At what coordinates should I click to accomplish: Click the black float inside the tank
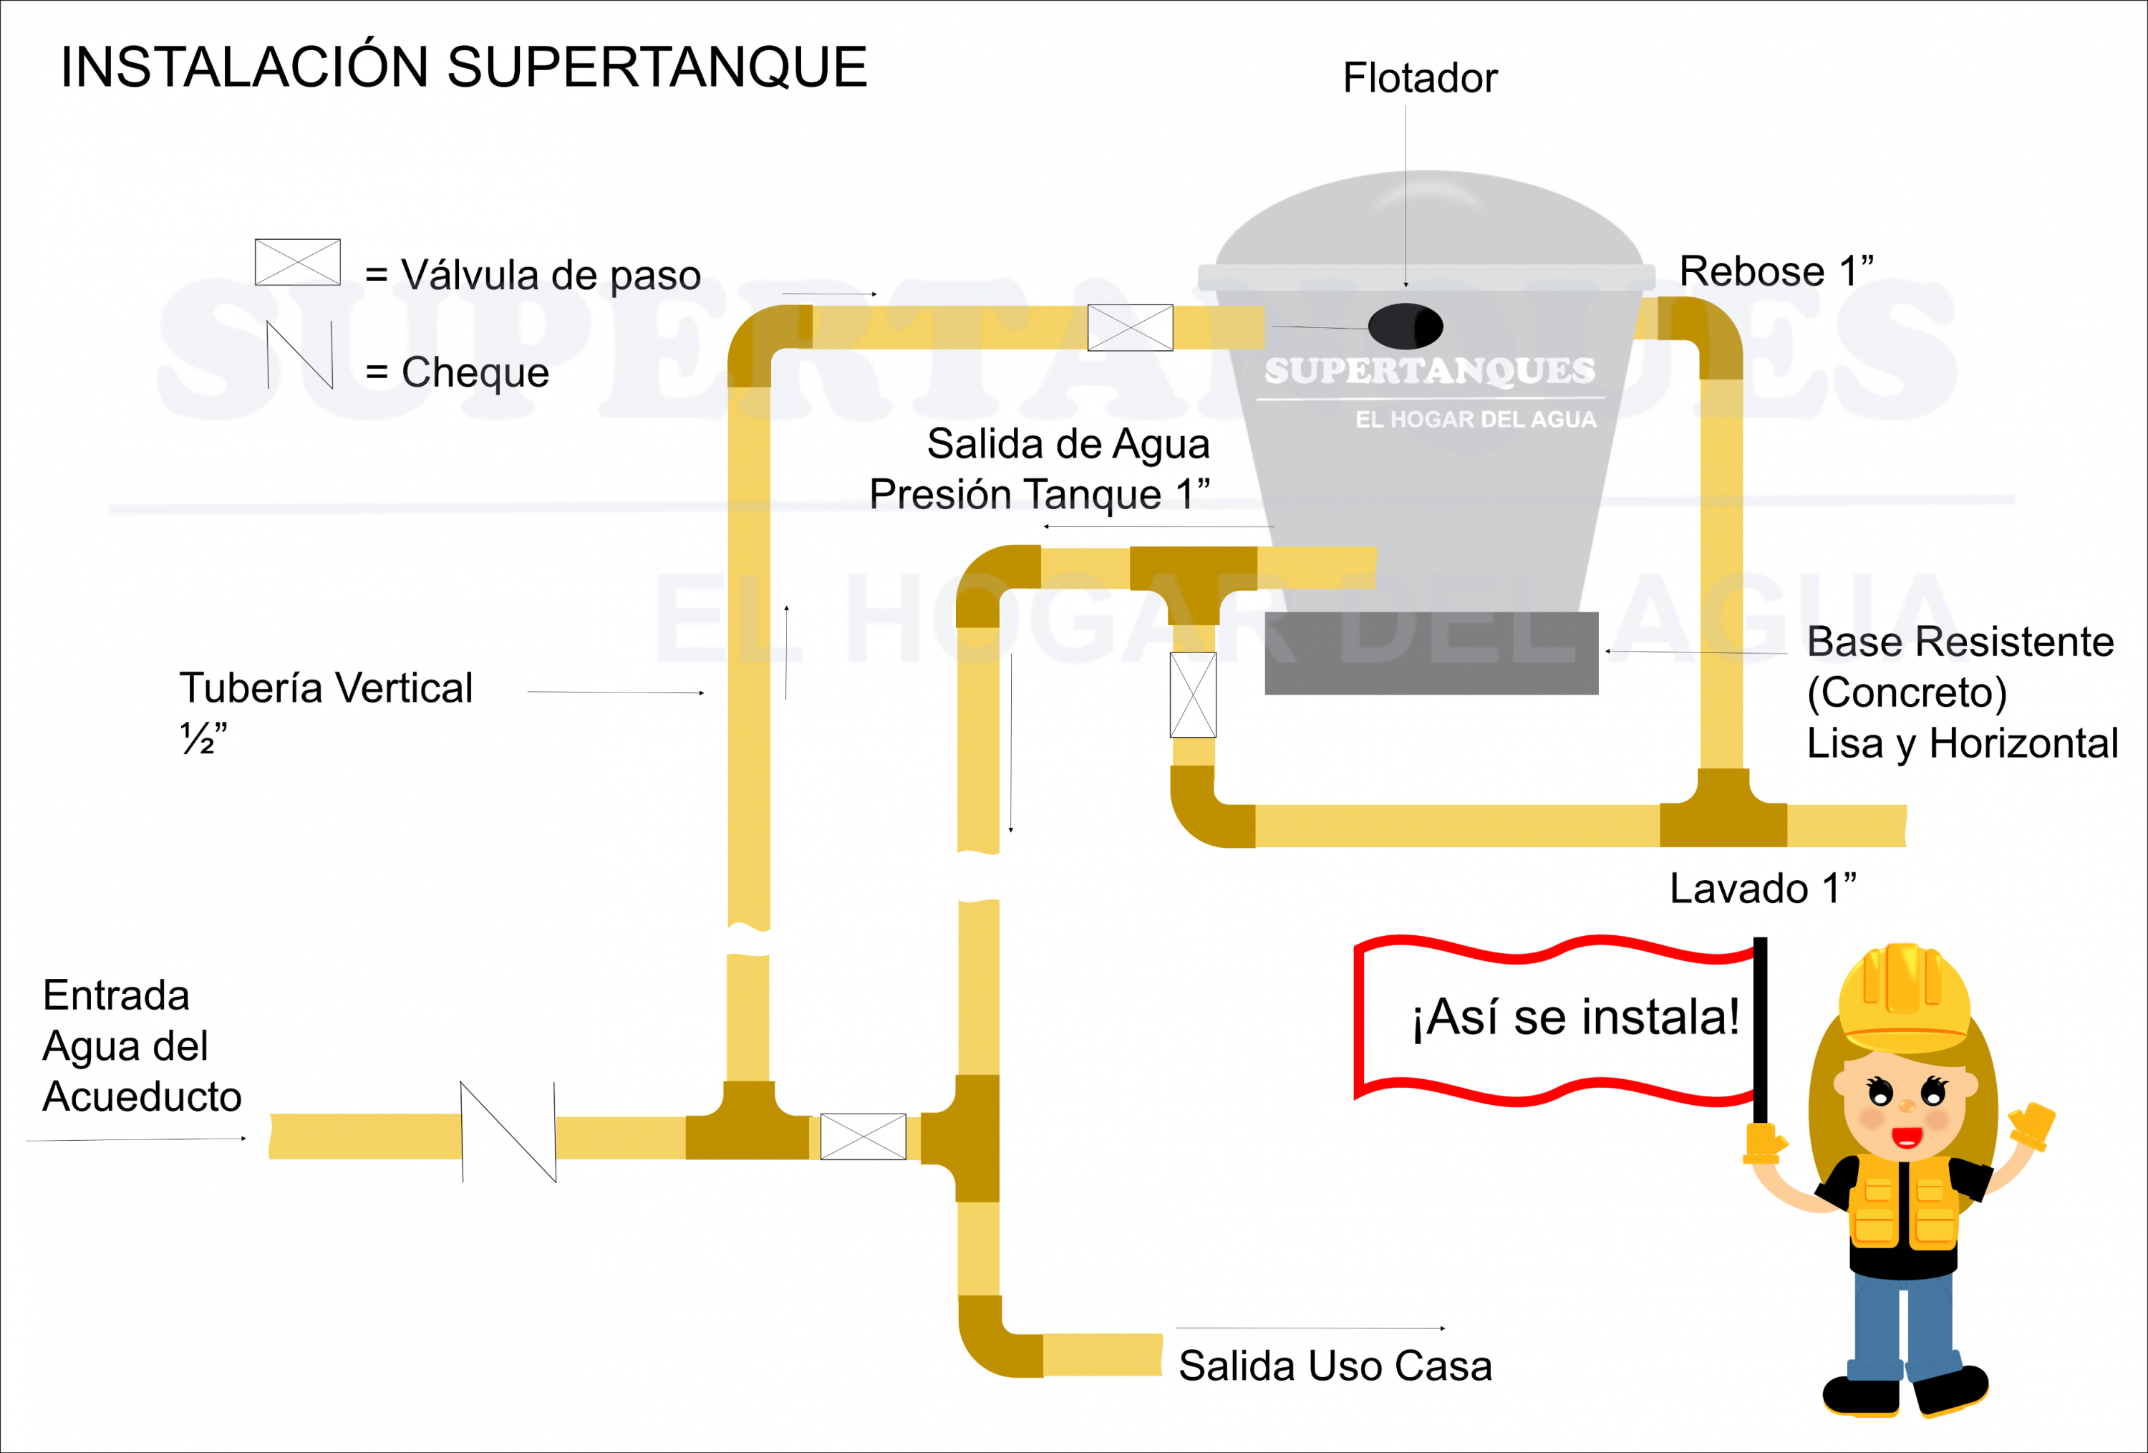(1405, 325)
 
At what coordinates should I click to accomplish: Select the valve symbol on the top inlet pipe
(1129, 327)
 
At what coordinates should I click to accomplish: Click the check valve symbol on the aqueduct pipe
(508, 1131)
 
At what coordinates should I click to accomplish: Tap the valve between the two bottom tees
(862, 1136)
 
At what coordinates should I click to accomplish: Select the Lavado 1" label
(1761, 888)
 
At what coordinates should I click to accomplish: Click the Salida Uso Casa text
(1335, 1365)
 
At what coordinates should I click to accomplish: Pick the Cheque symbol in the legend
(299, 355)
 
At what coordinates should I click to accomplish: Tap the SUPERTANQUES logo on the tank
(1429, 371)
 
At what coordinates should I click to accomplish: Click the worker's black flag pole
(1760, 1030)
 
